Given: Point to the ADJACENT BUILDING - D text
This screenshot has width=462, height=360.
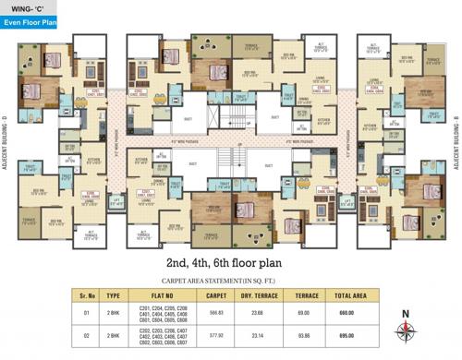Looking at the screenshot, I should pyautogui.click(x=6, y=148).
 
